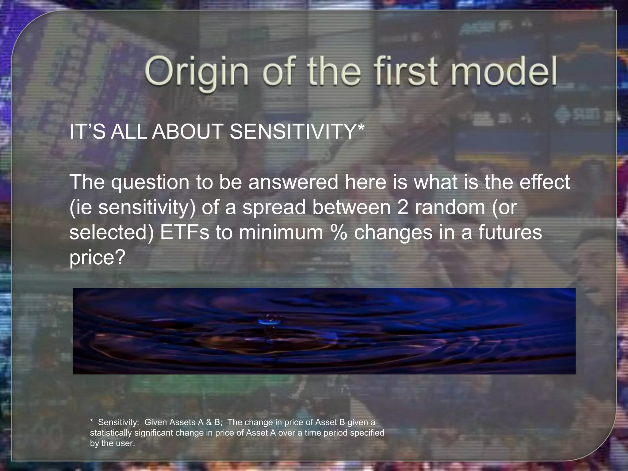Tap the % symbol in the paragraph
(338, 232)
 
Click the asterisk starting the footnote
(92, 422)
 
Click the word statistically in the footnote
(111, 433)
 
